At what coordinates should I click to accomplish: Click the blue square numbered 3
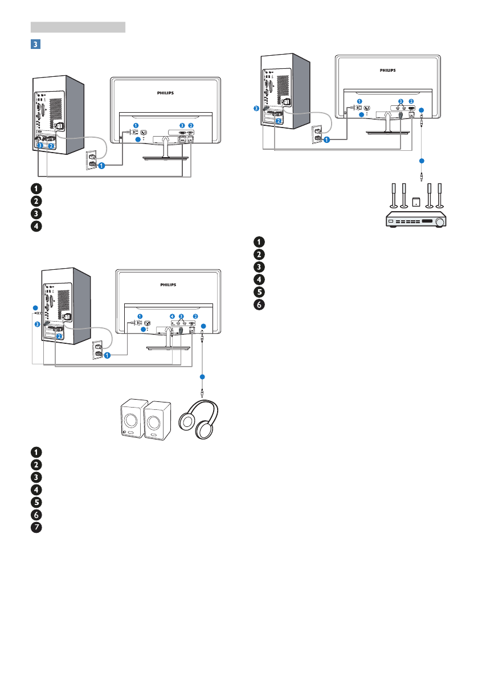[35, 44]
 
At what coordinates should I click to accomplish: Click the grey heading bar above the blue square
[78, 27]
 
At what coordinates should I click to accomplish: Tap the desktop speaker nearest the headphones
[157, 420]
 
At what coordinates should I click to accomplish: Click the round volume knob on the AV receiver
[440, 222]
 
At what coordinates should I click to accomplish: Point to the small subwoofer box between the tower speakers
[416, 202]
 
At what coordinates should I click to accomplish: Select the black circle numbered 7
[36, 527]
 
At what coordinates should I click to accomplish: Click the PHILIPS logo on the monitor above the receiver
[387, 70]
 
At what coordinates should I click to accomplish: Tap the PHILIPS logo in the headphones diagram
[168, 285]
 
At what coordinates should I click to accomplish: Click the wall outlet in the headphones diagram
[97, 350]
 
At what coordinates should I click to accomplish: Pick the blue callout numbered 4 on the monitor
[172, 317]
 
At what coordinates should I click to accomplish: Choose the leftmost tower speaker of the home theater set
[394, 195]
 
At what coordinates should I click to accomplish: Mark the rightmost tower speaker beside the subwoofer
[440, 195]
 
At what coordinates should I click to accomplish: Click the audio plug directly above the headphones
[202, 392]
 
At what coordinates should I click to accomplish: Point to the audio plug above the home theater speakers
[422, 176]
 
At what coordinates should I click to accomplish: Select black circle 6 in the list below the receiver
[259, 305]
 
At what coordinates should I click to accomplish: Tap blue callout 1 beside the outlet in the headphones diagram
[107, 355]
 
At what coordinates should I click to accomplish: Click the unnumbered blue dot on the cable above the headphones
[202, 377]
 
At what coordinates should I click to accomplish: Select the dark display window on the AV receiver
[427, 221]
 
